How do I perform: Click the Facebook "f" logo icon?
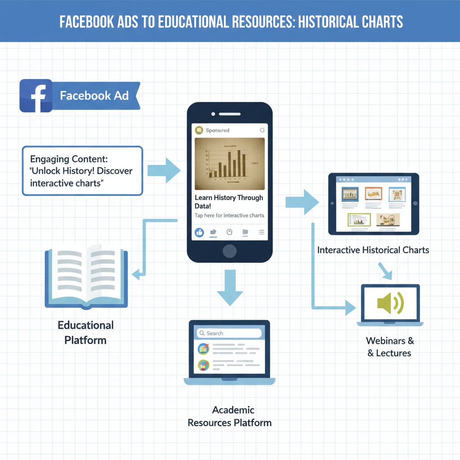pos(35,96)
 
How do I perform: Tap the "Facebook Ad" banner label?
pos(94,95)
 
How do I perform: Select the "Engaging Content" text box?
pos(82,171)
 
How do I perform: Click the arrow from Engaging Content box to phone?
pos(164,170)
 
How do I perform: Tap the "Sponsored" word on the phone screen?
pos(217,130)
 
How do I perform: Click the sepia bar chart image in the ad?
pos(230,164)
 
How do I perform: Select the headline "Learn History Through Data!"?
pos(229,202)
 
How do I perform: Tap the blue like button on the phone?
pos(199,232)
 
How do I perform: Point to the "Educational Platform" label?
pos(85,332)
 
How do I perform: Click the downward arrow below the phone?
pos(230,287)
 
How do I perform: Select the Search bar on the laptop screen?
pos(229,333)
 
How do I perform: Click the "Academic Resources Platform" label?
pos(230,416)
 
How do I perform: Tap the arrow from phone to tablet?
pos(302,202)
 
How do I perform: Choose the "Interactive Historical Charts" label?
pos(373,250)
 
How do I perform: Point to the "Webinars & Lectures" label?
pos(389,347)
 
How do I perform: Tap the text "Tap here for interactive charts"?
pos(229,216)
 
